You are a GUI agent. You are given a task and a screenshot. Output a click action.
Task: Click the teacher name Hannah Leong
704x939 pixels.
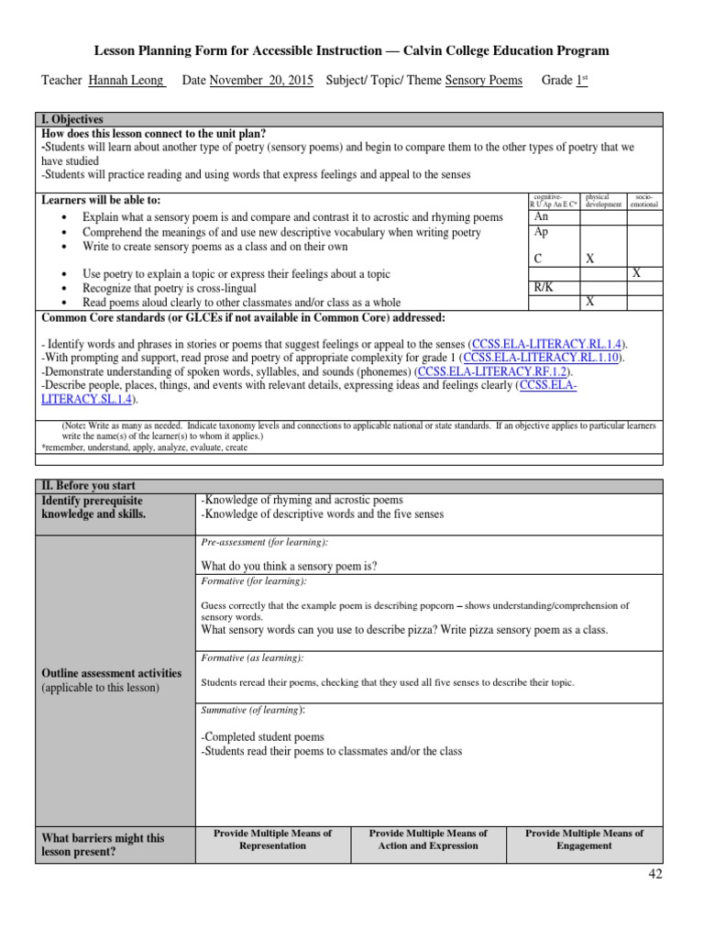click(126, 81)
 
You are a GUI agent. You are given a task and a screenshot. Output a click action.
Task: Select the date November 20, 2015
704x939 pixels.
click(261, 81)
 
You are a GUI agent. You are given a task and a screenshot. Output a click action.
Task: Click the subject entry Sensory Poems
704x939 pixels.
click(483, 81)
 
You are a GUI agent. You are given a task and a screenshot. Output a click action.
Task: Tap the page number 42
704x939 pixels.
click(654, 874)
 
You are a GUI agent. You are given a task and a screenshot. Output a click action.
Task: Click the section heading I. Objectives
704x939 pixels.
click(72, 119)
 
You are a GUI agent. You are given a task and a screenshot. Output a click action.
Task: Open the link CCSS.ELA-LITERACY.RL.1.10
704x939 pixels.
click(543, 357)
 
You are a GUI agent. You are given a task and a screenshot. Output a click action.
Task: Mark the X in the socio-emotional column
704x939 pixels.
click(636, 273)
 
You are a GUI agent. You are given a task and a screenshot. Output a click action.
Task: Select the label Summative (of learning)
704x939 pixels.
click(252, 710)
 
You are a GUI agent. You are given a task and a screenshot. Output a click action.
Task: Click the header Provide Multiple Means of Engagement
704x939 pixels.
click(584, 839)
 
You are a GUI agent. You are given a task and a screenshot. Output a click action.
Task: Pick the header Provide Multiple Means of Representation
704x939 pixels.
click(272, 839)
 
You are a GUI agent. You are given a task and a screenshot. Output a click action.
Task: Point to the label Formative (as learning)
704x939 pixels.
click(251, 658)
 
